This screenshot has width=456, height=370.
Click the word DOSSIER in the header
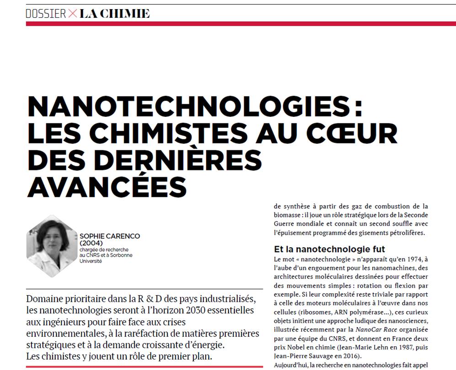click(x=46, y=14)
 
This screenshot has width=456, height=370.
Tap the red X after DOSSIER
click(x=73, y=14)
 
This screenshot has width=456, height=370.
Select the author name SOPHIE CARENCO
click(x=110, y=236)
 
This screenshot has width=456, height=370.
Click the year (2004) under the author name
click(x=90, y=243)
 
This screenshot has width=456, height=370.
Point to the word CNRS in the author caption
click(x=93, y=255)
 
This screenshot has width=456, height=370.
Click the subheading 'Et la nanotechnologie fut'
click(x=329, y=249)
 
